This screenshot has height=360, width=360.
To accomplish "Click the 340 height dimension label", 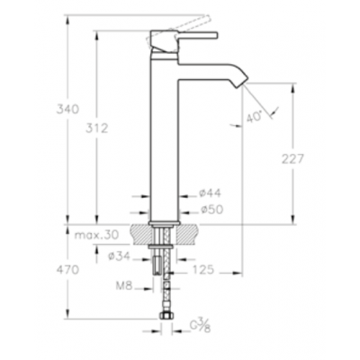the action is click(67, 109).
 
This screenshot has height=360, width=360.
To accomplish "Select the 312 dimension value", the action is click(96, 129).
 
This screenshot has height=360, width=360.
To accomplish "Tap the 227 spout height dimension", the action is click(292, 159).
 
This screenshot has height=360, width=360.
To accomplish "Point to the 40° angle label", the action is click(255, 116).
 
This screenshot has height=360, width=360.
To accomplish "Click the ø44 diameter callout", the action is click(211, 193).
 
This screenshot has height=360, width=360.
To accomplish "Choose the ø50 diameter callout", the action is click(211, 210).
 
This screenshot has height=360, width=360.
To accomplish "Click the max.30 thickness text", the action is click(96, 234).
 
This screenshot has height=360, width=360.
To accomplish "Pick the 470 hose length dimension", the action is click(67, 270).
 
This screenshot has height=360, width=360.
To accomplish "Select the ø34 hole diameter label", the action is click(119, 256).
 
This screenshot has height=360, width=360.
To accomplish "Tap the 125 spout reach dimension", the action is click(203, 270).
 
